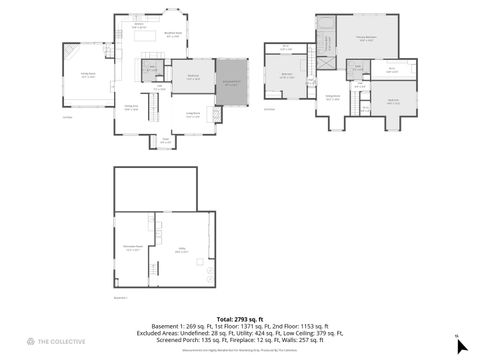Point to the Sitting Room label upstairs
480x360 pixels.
(332, 98)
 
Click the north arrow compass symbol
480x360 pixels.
(460, 345)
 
